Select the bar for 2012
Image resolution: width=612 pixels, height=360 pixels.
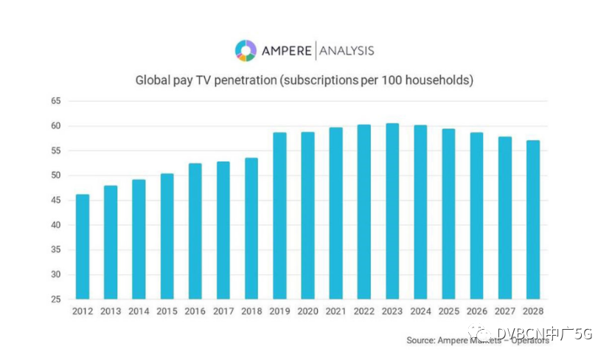83,246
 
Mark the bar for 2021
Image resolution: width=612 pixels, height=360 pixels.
336,213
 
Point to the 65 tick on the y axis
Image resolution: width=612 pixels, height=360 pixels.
55,101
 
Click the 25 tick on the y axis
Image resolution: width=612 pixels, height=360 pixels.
55,300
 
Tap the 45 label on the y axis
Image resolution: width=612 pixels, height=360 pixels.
55,201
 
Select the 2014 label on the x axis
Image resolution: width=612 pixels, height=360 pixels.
139,313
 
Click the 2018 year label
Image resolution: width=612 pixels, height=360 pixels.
251,313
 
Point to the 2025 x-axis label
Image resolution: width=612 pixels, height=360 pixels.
448,313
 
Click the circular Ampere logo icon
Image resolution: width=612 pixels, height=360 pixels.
246,50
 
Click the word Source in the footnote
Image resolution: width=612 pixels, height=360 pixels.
423,341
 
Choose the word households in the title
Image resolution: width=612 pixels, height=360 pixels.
441,79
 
